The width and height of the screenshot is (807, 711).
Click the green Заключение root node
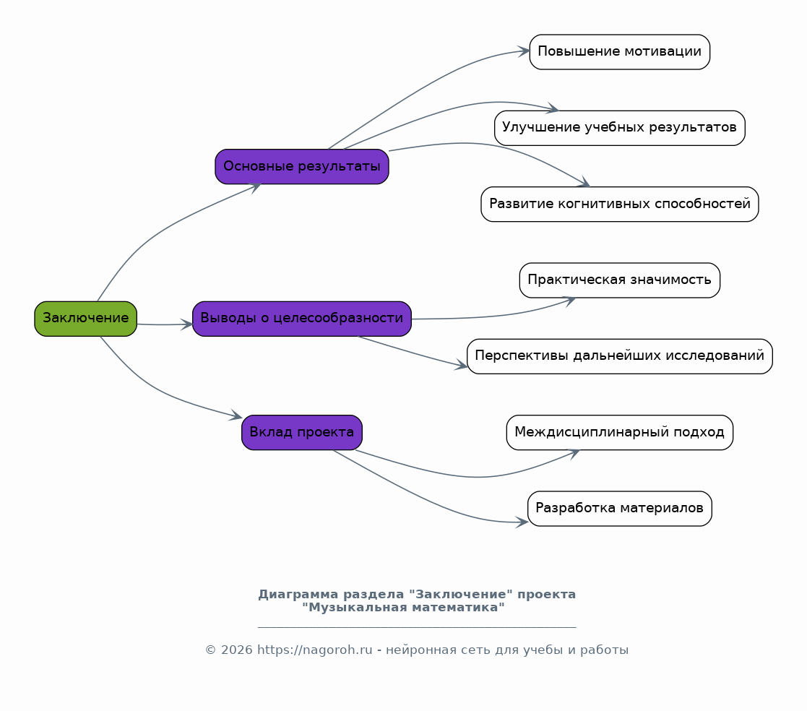pos(85,319)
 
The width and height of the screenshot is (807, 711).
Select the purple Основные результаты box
pos(301,167)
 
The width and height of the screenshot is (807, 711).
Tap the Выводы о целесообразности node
pos(301,319)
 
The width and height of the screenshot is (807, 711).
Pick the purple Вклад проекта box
pos(301,433)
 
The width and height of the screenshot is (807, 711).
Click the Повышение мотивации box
pos(619,52)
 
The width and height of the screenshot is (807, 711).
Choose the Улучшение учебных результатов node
pos(619,128)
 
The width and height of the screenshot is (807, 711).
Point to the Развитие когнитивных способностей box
pos(619,204)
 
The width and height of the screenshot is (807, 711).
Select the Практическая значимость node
pos(619,280)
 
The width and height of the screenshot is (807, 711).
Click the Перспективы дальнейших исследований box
pos(619,356)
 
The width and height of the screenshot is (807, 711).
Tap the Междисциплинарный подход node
pos(619,433)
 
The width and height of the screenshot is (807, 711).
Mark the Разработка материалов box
pos(619,509)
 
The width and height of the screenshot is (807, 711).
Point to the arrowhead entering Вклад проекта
pos(236,417)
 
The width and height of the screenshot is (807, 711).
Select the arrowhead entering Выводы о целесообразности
pos(188,324)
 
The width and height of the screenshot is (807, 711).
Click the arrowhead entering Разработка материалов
pos(522,522)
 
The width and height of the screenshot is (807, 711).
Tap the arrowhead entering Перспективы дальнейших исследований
pos(462,366)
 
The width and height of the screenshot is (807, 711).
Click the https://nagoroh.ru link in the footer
pos(314,650)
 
